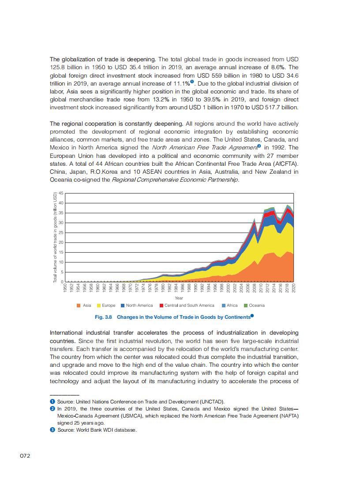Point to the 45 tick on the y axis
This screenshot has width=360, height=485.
pos(61,193)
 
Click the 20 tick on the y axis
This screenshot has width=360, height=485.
pos(61,242)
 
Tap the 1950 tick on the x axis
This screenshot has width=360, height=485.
pos(65,289)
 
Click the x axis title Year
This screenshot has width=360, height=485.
pos(179,298)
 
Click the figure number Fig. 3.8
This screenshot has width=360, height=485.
pos(104,317)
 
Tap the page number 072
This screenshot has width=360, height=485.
pos(25,455)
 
